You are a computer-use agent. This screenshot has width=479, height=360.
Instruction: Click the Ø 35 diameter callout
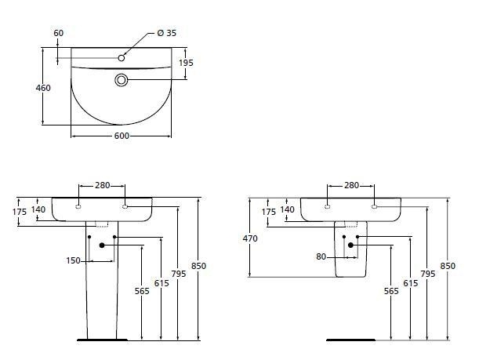coord(167,33)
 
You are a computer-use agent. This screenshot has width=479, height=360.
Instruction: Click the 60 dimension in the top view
coord(58,33)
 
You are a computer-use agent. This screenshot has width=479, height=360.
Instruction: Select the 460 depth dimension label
coord(43,88)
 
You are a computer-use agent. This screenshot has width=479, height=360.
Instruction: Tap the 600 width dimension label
coord(122,136)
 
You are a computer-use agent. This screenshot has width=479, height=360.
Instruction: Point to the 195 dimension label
coord(186,63)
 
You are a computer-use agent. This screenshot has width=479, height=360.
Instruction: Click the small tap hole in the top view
coord(122,58)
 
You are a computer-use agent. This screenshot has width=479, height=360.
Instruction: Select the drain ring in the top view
coord(121,80)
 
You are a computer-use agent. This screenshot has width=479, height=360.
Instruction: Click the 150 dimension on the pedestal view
coord(74,260)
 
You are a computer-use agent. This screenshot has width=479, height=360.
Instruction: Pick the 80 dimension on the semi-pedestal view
coord(321,257)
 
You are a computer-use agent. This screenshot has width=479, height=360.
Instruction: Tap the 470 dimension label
coord(250,238)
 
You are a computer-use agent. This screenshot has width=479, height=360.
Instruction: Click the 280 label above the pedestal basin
coord(103,186)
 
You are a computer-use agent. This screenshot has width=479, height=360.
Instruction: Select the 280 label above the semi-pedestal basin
coord(351,186)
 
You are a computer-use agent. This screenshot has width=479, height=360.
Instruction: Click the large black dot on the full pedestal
coord(102,245)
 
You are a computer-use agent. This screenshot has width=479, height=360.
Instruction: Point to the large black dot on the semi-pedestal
coord(350,245)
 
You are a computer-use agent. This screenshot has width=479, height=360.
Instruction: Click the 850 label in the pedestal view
coord(198,266)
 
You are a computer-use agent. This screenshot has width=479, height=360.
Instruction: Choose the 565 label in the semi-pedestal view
coord(391,291)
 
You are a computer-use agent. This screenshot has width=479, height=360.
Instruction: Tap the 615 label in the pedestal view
coord(161,284)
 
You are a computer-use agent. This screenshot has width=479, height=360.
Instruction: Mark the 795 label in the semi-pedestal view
coord(428,274)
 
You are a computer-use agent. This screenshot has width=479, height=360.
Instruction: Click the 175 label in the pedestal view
coord(20,212)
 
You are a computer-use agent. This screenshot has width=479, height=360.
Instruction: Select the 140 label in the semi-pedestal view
coord(287,209)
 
